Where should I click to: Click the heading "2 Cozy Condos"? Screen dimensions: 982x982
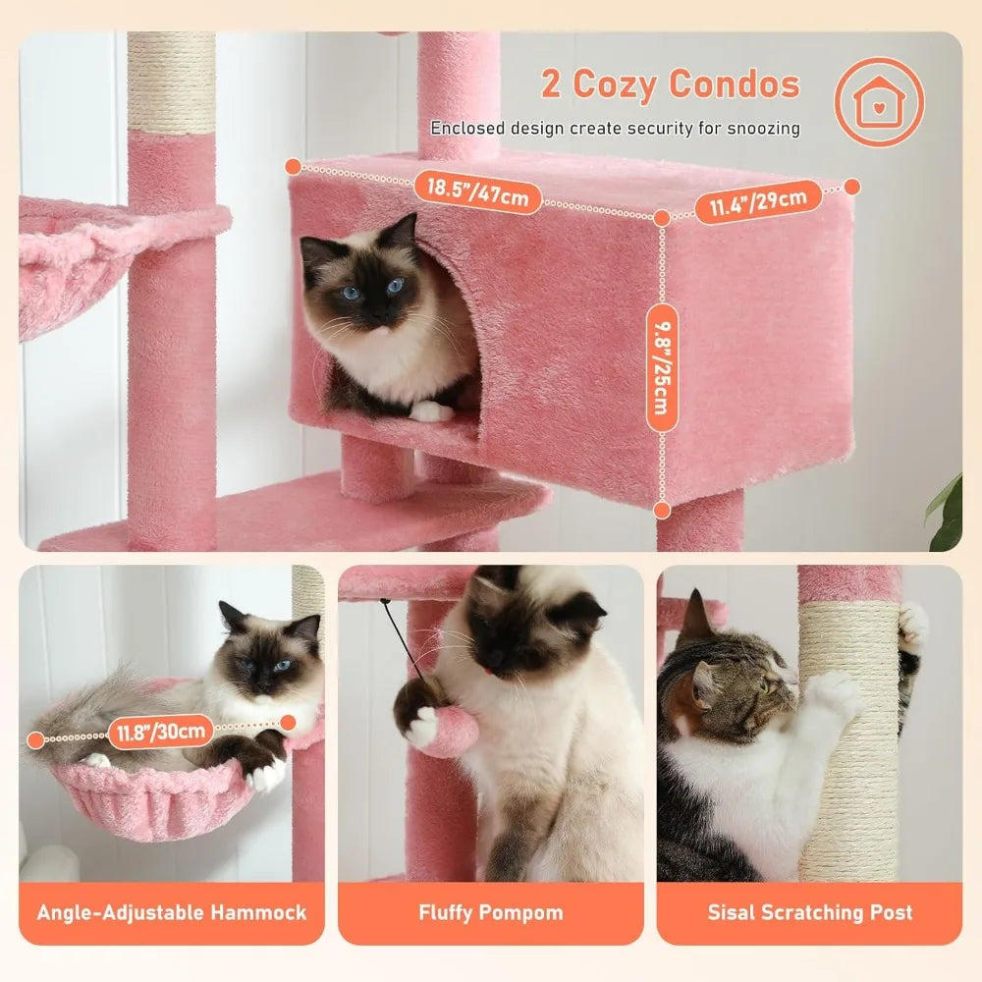pos(671,84)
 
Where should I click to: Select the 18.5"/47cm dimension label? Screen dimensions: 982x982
pos(477,191)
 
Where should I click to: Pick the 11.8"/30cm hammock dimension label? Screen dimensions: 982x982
pos(162,732)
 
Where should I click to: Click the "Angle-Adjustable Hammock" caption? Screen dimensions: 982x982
pos(172,912)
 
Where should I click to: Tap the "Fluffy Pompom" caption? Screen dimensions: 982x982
pos(490,912)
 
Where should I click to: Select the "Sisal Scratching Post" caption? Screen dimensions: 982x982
pos(810,912)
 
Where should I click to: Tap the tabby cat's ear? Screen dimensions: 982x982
pos(696,617)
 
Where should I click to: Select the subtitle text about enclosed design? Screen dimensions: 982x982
pos(615,129)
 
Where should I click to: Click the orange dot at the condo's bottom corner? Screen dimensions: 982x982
pos(663,510)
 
